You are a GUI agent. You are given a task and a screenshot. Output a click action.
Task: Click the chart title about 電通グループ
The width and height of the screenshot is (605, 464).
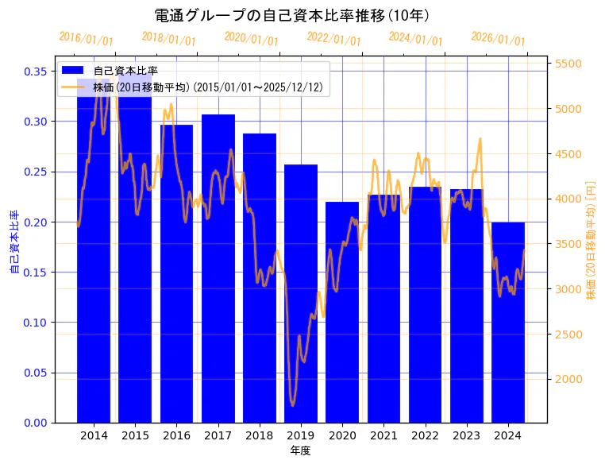point(291,15)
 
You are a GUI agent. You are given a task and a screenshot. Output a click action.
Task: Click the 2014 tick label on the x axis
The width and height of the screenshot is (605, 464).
point(94,435)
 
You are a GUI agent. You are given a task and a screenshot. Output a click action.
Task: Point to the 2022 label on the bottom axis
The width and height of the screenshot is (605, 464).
point(426,435)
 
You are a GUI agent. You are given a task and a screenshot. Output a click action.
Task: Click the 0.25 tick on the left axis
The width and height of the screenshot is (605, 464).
point(36,172)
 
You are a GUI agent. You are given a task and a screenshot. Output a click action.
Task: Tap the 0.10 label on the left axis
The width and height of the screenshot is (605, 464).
point(36,323)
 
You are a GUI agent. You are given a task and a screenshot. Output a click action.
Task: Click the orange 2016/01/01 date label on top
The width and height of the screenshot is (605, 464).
point(87,39)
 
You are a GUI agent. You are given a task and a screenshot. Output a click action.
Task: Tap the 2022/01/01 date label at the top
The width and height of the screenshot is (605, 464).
point(333,39)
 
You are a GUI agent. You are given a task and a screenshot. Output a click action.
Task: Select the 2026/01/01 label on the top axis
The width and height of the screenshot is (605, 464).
point(498,39)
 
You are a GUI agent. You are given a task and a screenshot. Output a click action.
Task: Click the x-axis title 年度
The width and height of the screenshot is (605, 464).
point(301,450)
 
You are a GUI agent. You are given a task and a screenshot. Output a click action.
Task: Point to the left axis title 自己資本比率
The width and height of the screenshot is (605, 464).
point(14,242)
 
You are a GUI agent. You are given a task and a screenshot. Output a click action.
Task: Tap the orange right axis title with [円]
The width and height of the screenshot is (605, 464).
point(591,238)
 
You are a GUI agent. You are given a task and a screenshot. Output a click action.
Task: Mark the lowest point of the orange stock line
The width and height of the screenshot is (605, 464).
point(292,405)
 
